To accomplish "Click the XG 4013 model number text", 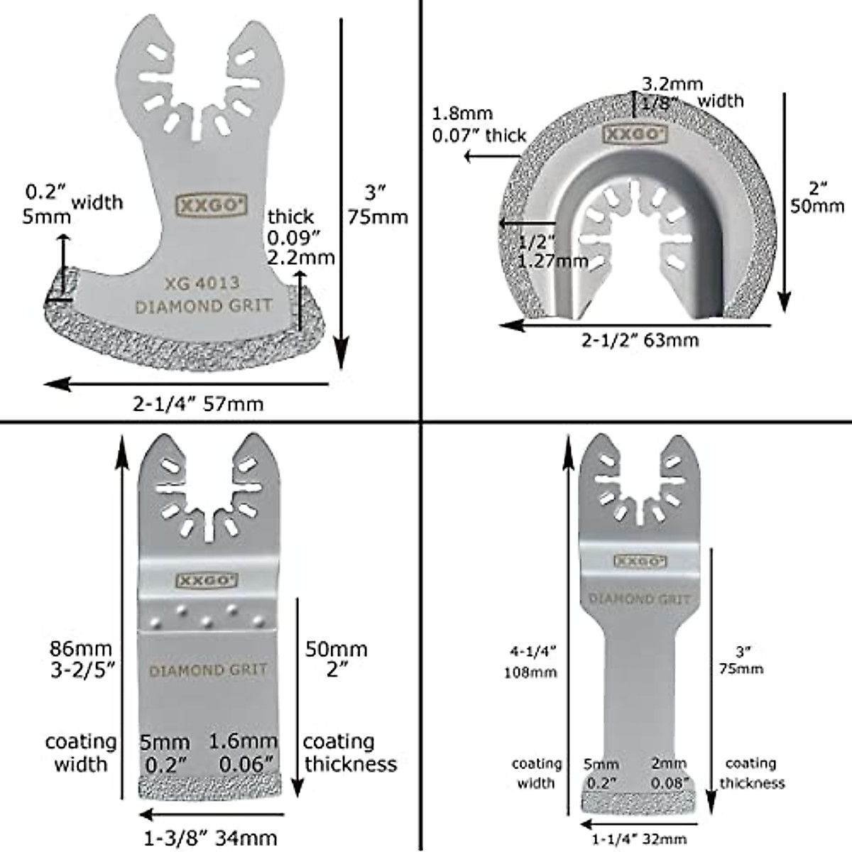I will point(202,283).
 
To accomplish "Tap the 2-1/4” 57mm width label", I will point(198,404).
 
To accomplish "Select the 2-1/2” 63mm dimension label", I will point(640,340).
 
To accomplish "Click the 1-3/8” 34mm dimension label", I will point(210,839).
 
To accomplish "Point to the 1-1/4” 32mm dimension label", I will point(640,839).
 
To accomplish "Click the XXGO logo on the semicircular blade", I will point(625,133).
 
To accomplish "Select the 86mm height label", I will point(81,648).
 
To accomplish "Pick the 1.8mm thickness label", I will point(462,114).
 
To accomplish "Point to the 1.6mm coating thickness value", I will point(244,742).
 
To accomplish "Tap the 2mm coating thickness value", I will point(669,764).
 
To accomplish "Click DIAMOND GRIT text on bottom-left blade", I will point(208,670).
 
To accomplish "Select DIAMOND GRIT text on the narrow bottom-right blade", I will point(639,599).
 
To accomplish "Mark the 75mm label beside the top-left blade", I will point(377,217).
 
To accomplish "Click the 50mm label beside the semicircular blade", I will point(817,205).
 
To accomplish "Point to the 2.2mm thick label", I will point(300,257).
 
